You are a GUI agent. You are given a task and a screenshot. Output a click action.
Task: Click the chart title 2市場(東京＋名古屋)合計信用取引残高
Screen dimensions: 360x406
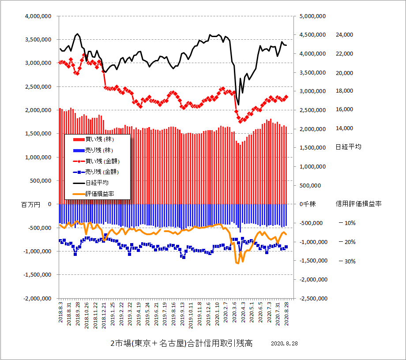[181, 344]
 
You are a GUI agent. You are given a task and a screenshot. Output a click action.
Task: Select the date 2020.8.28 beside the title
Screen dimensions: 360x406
[285, 344]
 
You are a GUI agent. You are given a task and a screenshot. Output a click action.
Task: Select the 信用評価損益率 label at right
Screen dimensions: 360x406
[358, 204]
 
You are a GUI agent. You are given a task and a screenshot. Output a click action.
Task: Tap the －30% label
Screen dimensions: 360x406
[347, 261]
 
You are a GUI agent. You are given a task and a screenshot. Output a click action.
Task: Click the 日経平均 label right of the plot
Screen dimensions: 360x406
[348, 147]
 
